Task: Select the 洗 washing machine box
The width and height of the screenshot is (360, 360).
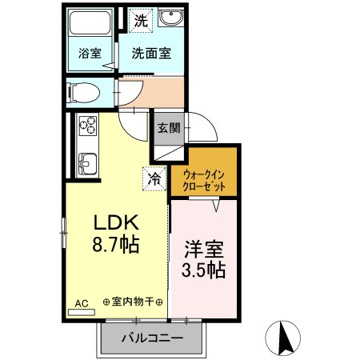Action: click(x=140, y=22)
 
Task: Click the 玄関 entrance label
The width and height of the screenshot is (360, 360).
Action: click(x=169, y=128)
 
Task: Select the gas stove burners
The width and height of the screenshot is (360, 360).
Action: click(x=86, y=126)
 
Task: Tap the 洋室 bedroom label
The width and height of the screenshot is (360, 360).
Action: click(x=205, y=246)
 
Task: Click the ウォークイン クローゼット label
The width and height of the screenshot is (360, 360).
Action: click(x=205, y=178)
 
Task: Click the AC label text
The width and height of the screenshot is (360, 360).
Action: click(x=81, y=303)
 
